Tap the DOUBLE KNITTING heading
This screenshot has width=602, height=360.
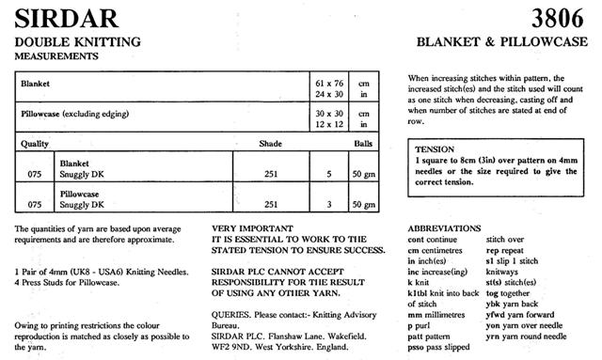tap(76, 43)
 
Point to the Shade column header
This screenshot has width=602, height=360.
tap(271, 145)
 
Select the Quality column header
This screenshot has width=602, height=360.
tap(37, 145)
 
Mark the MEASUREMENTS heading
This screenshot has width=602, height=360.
tap(57, 56)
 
